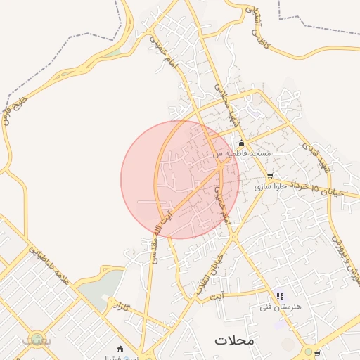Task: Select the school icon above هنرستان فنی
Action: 280,297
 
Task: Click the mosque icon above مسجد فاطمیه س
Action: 241,143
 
